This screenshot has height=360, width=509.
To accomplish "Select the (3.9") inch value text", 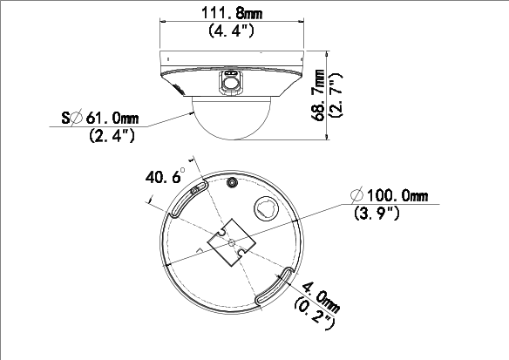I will point(376,213).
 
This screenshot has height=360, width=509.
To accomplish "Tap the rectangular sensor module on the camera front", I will point(231,81).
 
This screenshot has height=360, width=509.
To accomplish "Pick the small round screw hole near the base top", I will point(232,182).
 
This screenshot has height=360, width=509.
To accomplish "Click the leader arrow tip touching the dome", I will point(193,112).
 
